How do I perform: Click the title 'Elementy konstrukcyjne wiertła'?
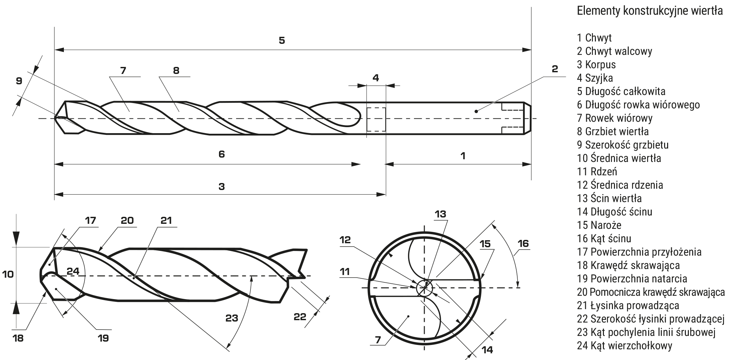tap(650, 11)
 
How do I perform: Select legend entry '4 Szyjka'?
tap(595, 78)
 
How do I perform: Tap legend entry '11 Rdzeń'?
tap(597, 171)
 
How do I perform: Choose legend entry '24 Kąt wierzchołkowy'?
tap(625, 345)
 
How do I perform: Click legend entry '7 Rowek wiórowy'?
tap(615, 118)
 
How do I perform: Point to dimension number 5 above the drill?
tap(282, 40)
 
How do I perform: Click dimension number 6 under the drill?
tap(221, 154)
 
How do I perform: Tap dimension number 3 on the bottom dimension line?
tap(221, 186)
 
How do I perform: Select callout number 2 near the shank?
tap(555, 69)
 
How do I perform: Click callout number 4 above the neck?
tap(376, 78)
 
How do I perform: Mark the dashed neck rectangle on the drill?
tap(377, 119)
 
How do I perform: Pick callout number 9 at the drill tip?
tap(19, 81)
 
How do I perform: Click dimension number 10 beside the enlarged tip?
tap(8, 274)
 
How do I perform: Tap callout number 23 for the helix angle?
tap(231, 318)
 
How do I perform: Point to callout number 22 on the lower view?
tap(300, 317)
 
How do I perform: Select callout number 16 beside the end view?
tap(523, 243)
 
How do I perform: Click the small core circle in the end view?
tap(424, 288)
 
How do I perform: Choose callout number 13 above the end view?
tap(440, 214)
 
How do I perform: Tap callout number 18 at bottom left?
tap(18, 338)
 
